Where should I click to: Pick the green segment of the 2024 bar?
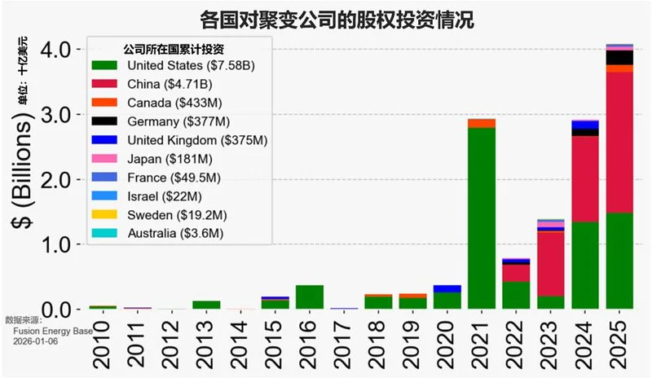tap(584, 265)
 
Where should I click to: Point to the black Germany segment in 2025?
tap(619, 57)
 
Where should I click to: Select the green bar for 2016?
tap(310, 297)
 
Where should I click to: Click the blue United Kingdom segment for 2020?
tap(447, 288)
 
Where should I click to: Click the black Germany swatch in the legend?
tap(106, 121)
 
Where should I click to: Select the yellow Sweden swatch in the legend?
tap(106, 215)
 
